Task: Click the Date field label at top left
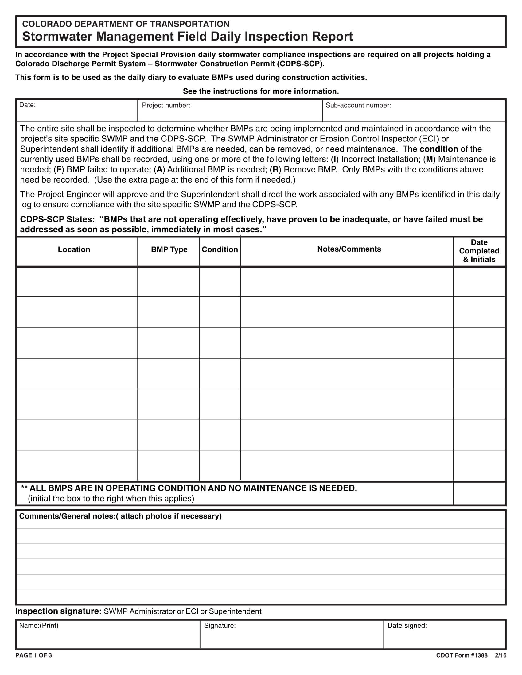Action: [27, 105]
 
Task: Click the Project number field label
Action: [166, 105]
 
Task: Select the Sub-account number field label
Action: [358, 105]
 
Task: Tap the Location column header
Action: [74, 249]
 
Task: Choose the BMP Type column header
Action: [169, 249]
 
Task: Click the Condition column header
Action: [220, 249]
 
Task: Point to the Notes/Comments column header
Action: [349, 249]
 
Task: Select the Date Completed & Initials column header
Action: [479, 251]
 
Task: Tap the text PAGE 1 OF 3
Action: [33, 655]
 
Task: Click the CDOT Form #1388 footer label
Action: [462, 655]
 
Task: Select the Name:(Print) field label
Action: [39, 626]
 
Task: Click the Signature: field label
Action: [220, 626]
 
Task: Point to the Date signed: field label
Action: [407, 626]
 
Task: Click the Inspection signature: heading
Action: [58, 611]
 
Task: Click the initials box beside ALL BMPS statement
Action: [479, 493]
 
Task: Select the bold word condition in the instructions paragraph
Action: [438, 149]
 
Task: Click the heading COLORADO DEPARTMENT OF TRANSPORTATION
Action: [126, 24]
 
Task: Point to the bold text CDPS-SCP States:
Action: [57, 219]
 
